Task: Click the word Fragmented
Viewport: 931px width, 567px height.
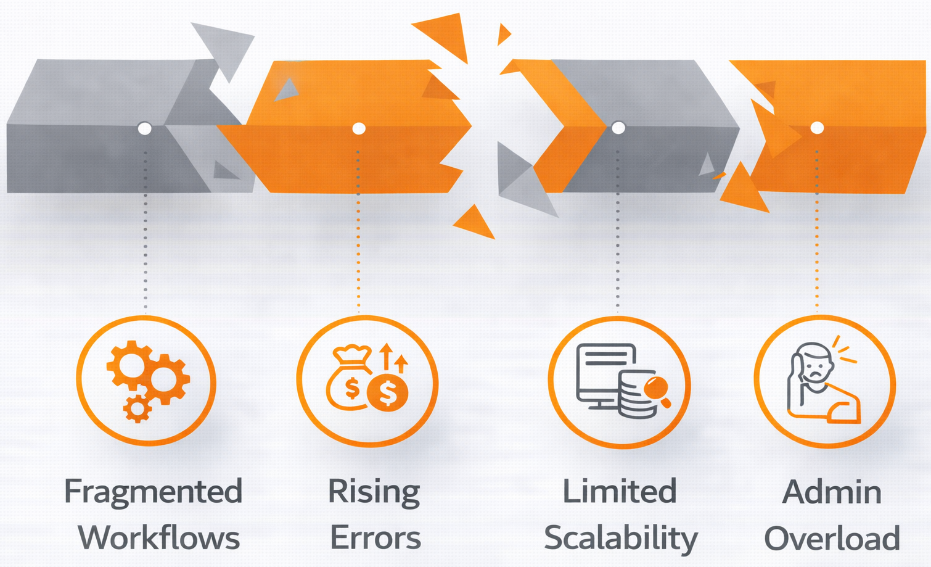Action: tap(153, 492)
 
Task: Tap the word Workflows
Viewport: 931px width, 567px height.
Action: tap(158, 537)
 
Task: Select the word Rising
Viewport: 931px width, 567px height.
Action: tap(374, 492)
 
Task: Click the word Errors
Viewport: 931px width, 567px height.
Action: tap(375, 537)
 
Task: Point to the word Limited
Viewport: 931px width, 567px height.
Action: tap(620, 492)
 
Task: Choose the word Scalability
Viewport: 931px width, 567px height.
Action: tap(620, 538)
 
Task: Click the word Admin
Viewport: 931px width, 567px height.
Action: tap(832, 492)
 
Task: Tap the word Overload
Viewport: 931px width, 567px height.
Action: tap(832, 538)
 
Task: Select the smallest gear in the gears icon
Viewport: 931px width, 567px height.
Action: tap(137, 408)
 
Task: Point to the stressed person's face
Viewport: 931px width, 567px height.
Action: tap(815, 368)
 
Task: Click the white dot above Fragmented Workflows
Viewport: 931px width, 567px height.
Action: tap(145, 128)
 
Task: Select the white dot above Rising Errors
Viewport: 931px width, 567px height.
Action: tap(359, 128)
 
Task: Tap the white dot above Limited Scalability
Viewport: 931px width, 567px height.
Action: tap(618, 128)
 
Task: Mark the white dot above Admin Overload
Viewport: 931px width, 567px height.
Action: tap(817, 128)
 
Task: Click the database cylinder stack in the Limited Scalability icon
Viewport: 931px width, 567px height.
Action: tap(635, 397)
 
